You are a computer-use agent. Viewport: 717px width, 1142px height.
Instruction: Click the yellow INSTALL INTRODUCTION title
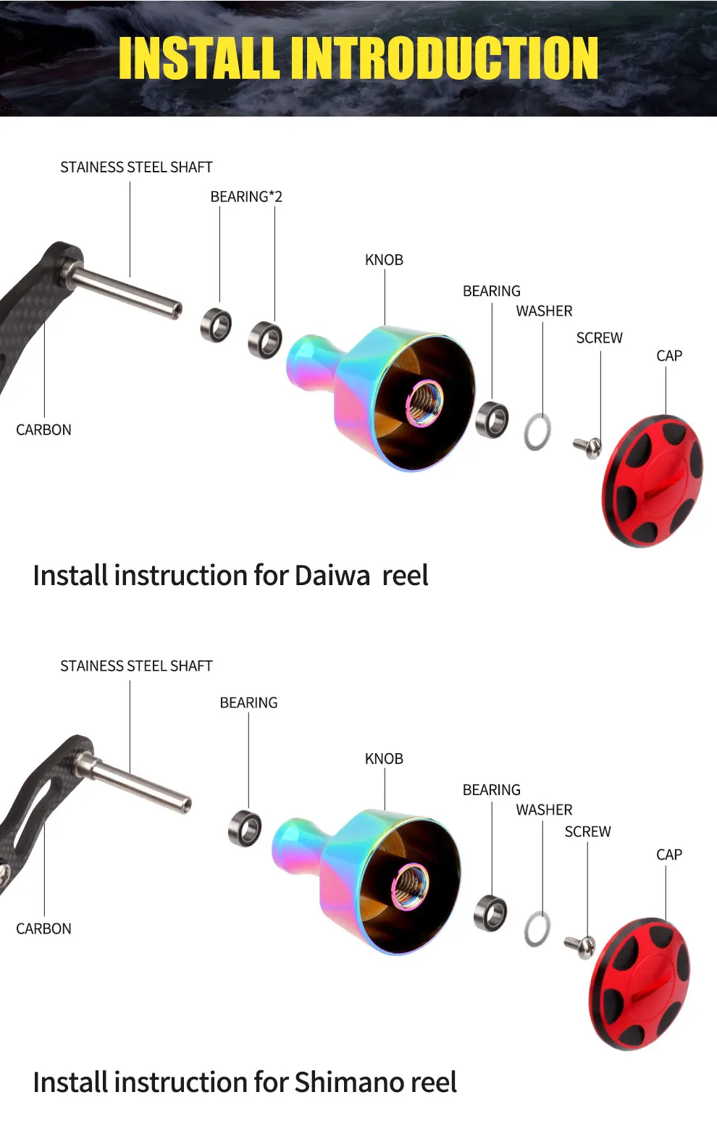[x=358, y=58]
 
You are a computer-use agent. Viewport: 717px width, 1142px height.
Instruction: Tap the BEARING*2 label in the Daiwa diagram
[x=246, y=197]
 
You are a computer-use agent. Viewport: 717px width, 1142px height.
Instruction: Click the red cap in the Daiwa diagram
[x=653, y=481]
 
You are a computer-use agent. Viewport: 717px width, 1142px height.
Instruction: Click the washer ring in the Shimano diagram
[x=537, y=929]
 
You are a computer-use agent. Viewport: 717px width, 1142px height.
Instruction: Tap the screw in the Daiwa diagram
[x=588, y=446]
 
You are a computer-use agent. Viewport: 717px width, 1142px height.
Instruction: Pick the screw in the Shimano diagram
[x=580, y=945]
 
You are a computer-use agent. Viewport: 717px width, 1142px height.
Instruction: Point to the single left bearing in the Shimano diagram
[x=245, y=828]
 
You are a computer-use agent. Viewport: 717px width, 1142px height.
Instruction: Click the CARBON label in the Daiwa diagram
[x=43, y=430]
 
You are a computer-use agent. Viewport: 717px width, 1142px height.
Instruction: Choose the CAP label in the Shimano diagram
[x=668, y=855]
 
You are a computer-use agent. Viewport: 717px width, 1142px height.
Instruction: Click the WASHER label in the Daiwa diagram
[x=544, y=311]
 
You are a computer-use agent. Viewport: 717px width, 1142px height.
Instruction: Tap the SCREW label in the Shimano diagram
[x=587, y=832]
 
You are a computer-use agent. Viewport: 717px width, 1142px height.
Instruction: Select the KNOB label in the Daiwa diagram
[x=384, y=260]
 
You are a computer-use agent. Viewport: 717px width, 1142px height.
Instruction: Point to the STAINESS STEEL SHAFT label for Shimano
[x=136, y=666]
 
